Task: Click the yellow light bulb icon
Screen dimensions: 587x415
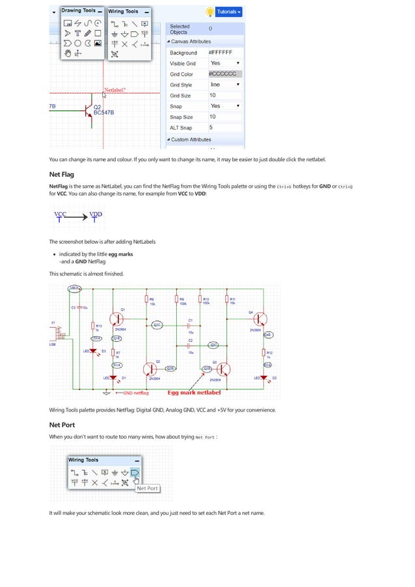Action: click(x=209, y=12)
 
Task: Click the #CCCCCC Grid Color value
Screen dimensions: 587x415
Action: click(x=224, y=74)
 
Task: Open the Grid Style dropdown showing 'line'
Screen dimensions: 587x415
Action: click(x=224, y=85)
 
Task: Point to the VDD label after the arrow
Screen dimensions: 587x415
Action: click(x=96, y=215)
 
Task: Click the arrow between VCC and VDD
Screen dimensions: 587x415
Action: click(x=78, y=218)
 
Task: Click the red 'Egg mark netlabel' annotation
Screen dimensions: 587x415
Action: click(x=194, y=393)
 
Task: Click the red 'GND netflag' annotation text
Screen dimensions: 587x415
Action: click(x=134, y=393)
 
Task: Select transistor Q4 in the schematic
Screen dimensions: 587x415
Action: click(x=260, y=319)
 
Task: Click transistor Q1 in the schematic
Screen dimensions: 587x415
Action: click(x=116, y=318)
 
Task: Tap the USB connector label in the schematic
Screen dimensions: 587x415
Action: click(x=52, y=344)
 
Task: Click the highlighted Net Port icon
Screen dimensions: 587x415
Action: click(x=135, y=472)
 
